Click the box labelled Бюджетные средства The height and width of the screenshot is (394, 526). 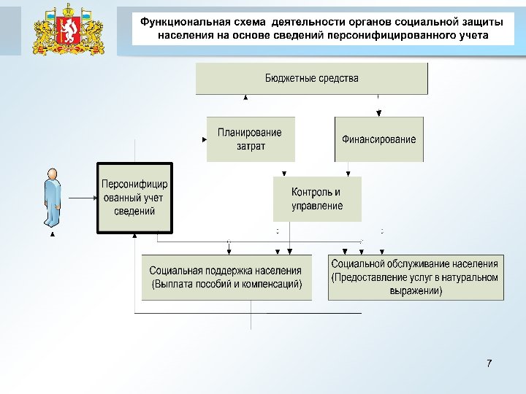[311, 78]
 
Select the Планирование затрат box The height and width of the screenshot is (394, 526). [251, 139]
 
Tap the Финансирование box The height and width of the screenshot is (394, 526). [378, 139]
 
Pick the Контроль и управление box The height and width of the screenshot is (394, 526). [316, 199]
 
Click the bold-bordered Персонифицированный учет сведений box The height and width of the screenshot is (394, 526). [135, 198]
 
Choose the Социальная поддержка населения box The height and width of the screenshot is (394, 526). [226, 277]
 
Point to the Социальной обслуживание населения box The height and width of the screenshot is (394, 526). [415, 277]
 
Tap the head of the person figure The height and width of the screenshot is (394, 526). [53, 173]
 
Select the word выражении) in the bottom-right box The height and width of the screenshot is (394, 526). [415, 291]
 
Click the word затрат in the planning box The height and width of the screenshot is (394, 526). [251, 146]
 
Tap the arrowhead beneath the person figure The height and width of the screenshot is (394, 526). [52, 235]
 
